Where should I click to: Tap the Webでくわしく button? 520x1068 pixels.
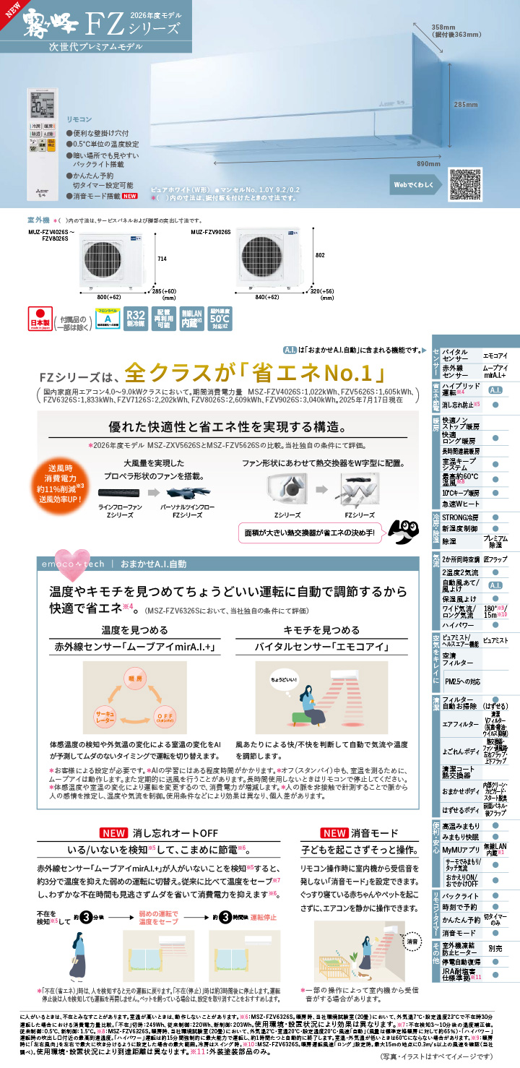click(x=415, y=184)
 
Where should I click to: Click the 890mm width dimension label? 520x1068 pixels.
click(x=428, y=164)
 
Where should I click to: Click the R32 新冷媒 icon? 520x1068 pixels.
click(x=136, y=319)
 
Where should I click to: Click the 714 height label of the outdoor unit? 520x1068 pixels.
click(x=162, y=258)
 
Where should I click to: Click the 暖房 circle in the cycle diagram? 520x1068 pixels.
click(x=135, y=679)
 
